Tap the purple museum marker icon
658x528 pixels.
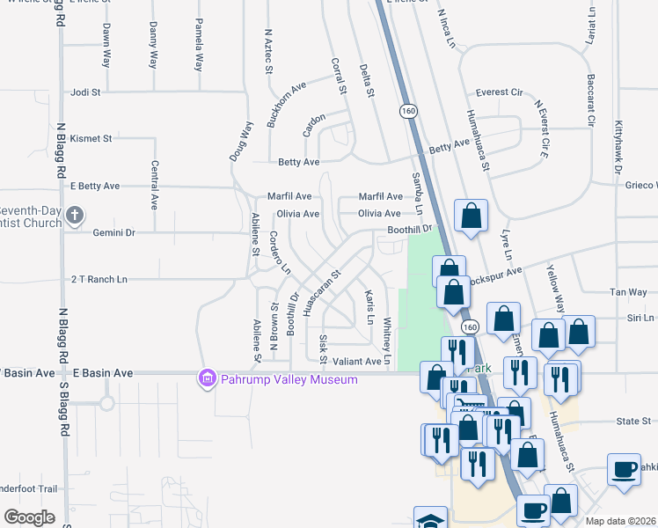tap(208, 378)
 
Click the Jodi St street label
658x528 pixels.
tap(87, 92)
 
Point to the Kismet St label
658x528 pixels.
tap(91, 139)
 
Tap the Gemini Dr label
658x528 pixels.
tap(114, 233)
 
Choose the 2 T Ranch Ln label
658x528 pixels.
tap(99, 279)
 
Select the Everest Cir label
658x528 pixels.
tap(499, 92)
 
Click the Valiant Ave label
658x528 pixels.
tap(356, 361)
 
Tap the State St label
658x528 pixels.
tap(632, 422)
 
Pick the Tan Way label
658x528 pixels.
tap(628, 292)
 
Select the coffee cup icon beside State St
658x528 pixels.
tap(624, 469)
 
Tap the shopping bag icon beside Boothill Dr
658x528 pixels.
tap(472, 216)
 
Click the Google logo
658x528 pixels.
tap(29, 517)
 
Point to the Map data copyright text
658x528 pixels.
tap(619, 521)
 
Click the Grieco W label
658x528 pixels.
tap(641, 186)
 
